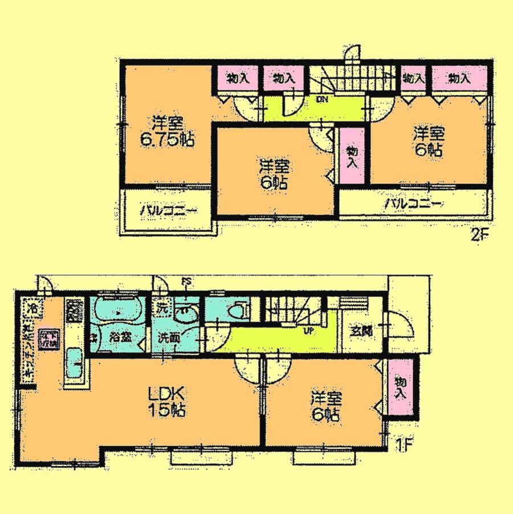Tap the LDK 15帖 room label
[168, 402]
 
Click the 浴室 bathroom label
[120, 337]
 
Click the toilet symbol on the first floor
[236, 311]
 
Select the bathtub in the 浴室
[117, 310]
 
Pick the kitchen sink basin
[75, 365]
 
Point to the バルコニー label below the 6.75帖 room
[169, 211]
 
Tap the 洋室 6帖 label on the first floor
[325, 405]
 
